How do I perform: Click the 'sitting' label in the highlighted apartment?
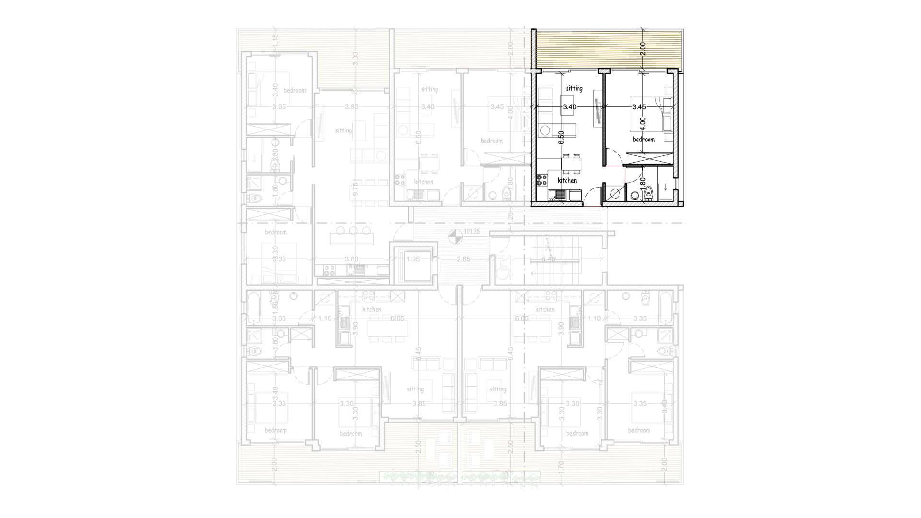pyautogui.click(x=574, y=88)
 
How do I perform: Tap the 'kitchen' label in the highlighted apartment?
pyautogui.click(x=567, y=181)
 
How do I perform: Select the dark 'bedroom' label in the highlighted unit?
pyautogui.click(x=643, y=140)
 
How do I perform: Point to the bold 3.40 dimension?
pyautogui.click(x=569, y=107)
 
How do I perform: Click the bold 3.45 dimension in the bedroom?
pyautogui.click(x=638, y=107)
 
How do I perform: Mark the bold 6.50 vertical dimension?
pyautogui.click(x=561, y=138)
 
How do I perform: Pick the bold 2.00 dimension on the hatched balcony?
pyautogui.click(x=643, y=49)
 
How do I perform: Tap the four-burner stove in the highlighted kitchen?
pyautogui.click(x=542, y=180)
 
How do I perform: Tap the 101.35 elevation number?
pyautogui.click(x=472, y=232)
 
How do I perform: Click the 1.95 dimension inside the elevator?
pyautogui.click(x=413, y=259)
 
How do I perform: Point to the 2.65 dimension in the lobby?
pyautogui.click(x=463, y=259)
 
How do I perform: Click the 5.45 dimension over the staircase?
pyautogui.click(x=548, y=259)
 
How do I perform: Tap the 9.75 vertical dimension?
pyautogui.click(x=355, y=187)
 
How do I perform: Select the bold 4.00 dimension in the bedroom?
pyautogui.click(x=643, y=123)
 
